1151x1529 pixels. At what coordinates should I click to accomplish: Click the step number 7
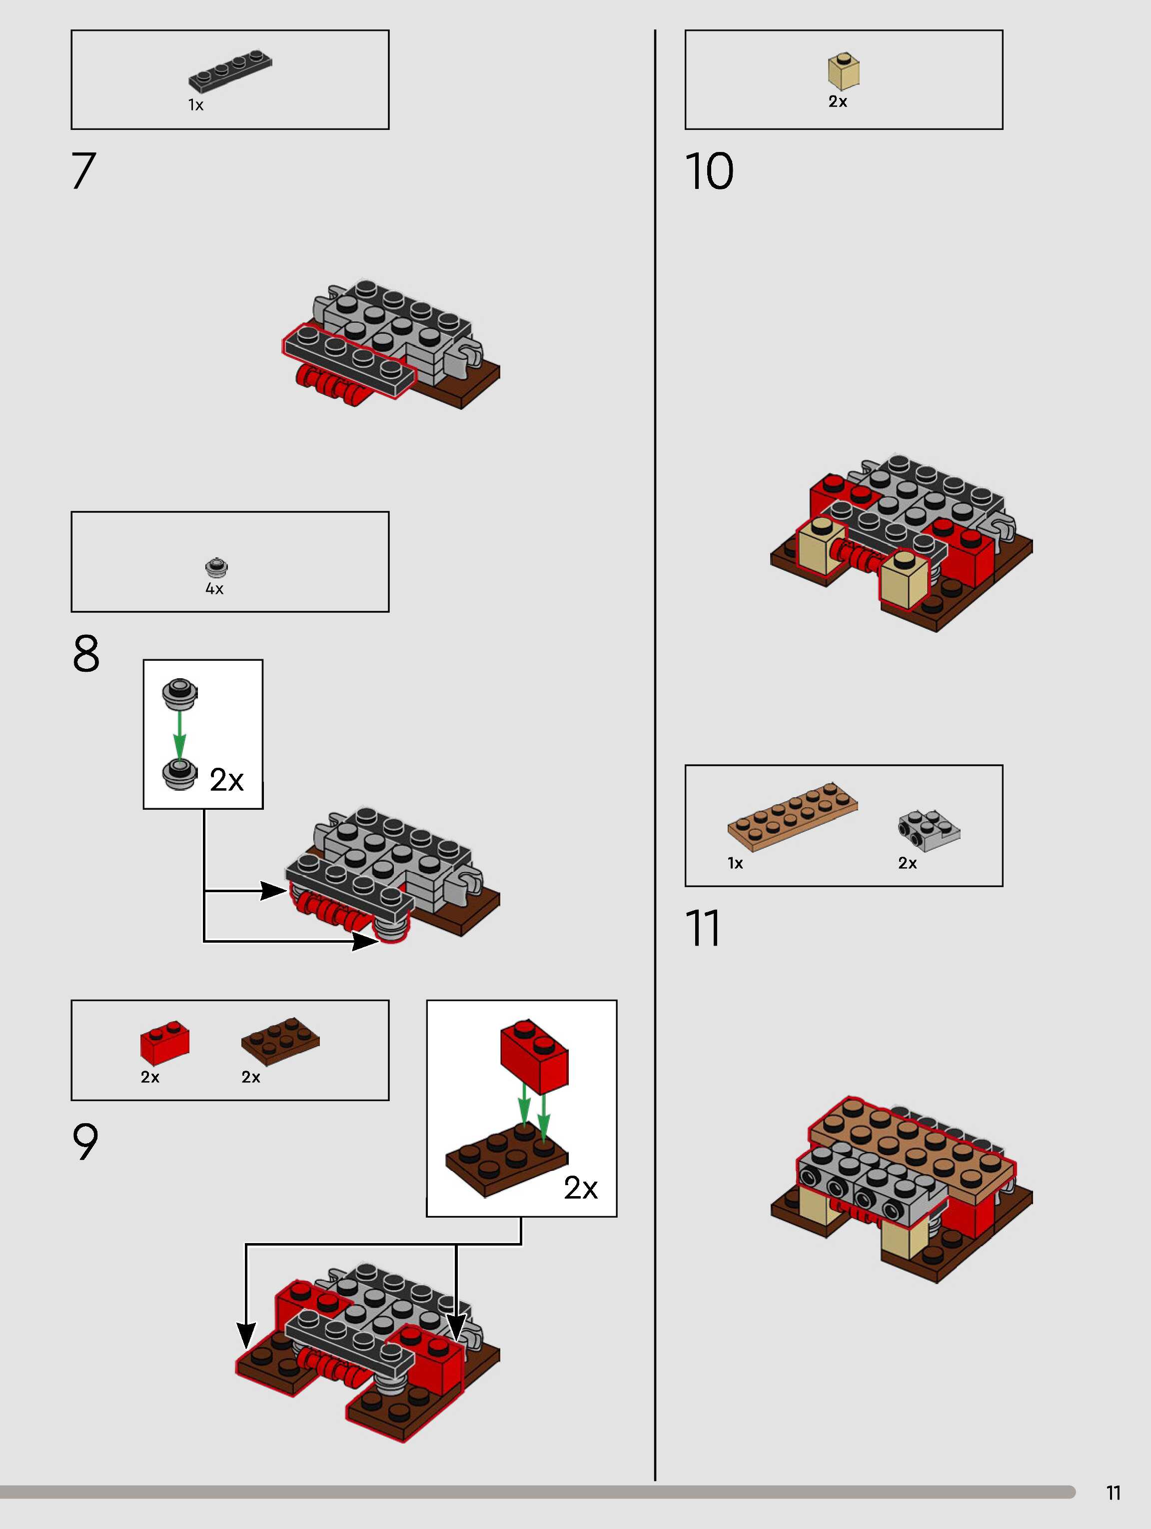83,171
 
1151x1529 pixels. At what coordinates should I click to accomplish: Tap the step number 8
86,653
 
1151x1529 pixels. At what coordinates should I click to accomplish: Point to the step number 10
709,171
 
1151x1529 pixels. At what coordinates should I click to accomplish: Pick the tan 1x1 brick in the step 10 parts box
843,71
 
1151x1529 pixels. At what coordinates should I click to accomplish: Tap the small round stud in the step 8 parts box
216,567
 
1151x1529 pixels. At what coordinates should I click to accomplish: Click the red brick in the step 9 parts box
164,1042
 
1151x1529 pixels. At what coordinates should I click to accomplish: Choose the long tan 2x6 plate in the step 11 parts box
793,816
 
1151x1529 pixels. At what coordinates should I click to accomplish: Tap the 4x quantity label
214,589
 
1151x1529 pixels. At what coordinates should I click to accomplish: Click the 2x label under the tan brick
838,101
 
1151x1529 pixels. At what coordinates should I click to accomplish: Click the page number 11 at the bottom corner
1113,1493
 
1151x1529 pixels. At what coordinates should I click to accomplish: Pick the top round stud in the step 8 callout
180,693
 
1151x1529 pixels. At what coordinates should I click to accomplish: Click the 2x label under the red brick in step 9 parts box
150,1077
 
